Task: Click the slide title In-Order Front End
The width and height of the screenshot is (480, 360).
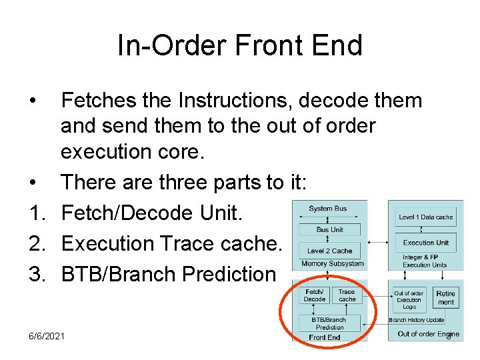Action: click(x=239, y=46)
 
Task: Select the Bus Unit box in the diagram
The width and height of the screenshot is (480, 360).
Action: click(x=329, y=229)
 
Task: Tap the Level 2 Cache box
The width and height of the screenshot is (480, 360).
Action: click(x=329, y=251)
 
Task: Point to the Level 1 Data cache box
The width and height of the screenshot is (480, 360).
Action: click(x=425, y=217)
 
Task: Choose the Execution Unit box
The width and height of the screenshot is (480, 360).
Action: click(x=425, y=243)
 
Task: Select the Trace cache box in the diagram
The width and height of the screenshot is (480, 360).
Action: click(x=347, y=295)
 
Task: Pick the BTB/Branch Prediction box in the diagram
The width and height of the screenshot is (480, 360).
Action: click(x=329, y=323)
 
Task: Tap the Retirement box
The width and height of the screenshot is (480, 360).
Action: click(x=445, y=298)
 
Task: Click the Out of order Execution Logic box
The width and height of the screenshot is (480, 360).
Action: click(x=409, y=300)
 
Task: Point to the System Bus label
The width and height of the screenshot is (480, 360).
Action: click(x=327, y=209)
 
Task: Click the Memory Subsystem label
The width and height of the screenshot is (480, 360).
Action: click(x=332, y=263)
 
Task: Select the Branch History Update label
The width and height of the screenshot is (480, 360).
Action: click(x=416, y=321)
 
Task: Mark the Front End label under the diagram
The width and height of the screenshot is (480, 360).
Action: click(x=325, y=337)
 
